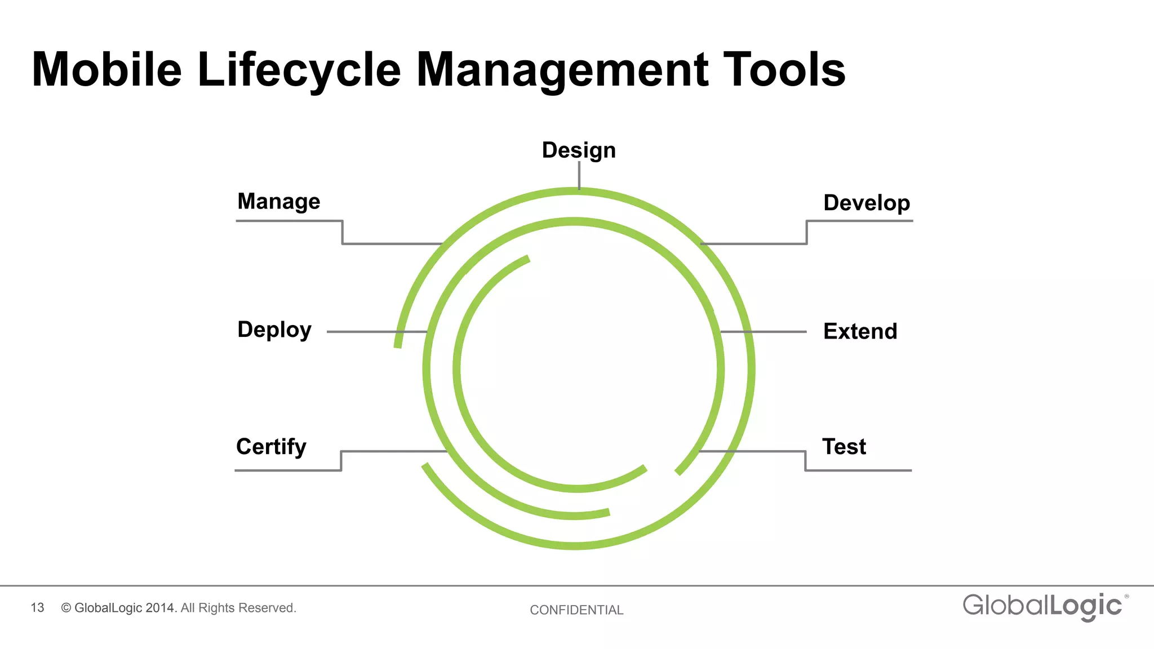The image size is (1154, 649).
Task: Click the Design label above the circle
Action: pos(579,150)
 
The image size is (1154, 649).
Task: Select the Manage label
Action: pos(278,202)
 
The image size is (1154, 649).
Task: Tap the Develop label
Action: pos(867,203)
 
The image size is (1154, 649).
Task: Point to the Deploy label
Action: pos(274,330)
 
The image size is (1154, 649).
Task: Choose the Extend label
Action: pos(860,331)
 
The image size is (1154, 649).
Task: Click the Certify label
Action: pos(271,447)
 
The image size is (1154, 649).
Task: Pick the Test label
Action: pos(844,447)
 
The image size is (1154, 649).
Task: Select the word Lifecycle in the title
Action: pos(299,70)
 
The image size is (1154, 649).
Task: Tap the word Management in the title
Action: pos(562,70)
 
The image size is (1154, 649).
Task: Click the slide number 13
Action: pos(37,608)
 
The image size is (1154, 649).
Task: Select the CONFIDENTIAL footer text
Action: pos(576,610)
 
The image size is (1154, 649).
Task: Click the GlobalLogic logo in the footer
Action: pos(1042,606)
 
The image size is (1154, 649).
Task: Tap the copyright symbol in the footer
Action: pos(66,608)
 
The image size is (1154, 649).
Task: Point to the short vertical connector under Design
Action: pos(579,175)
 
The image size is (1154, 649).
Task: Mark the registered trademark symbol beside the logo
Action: pos(1126,596)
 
